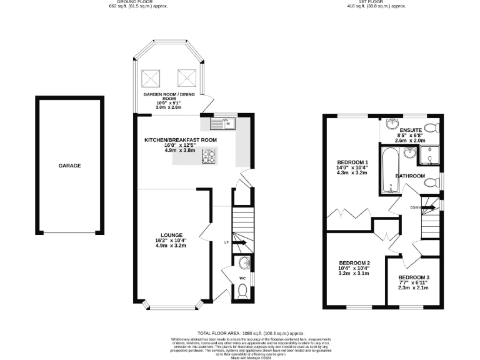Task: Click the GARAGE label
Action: [x=70, y=166]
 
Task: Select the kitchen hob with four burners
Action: [x=209, y=158]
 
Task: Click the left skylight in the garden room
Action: [x=151, y=78]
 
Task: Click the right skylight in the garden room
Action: [x=186, y=78]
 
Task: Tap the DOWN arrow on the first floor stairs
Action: [x=429, y=207]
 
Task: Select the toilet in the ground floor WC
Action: [x=243, y=290]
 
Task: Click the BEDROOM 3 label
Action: [x=414, y=277]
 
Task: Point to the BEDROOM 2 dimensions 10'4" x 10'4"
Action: [x=354, y=269]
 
